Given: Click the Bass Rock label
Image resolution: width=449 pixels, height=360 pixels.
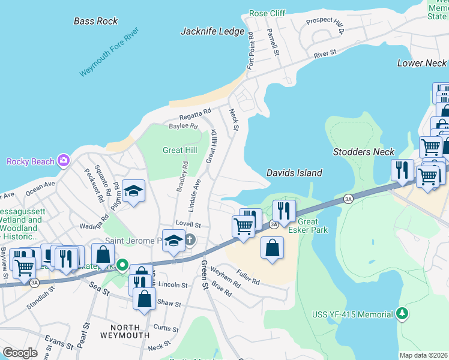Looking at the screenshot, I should pos(96,21).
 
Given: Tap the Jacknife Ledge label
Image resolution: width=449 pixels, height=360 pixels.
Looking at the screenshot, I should pos(212,32).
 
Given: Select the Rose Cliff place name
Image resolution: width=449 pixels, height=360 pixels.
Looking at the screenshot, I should pos(267,13).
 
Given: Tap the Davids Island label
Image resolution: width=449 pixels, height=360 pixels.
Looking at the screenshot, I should pos(294,173).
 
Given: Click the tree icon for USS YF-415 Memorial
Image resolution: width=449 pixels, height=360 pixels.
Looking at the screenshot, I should pos(402,314).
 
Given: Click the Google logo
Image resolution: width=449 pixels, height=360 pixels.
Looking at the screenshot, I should pos(20,352).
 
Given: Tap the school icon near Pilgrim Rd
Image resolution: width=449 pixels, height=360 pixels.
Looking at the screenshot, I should pos(133,191).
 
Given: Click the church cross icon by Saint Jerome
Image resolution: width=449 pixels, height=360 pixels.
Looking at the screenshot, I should pos(190,241).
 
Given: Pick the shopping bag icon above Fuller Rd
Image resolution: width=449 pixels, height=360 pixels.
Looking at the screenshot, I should pos(272,247).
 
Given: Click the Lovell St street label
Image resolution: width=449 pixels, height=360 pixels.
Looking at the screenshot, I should pos(188,224).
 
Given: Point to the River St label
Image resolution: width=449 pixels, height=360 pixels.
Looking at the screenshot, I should pos(325,55).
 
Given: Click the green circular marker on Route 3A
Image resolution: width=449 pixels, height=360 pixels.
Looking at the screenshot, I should pos(122,265).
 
